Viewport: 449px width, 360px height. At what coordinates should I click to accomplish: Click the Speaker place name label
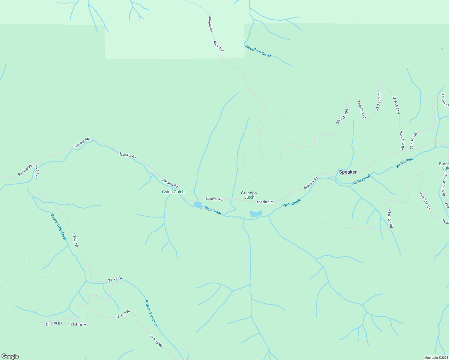348,172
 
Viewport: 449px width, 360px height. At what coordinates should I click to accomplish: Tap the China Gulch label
173,192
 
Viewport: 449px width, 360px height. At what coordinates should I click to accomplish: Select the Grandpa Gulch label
249,195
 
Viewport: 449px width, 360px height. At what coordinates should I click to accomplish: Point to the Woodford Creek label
258,51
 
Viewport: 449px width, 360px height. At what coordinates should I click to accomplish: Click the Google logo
10,356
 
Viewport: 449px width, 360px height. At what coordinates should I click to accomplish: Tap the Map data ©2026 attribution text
436,358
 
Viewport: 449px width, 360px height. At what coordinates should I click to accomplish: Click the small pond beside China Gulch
198,205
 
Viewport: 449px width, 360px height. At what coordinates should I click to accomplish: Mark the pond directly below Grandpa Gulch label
255,214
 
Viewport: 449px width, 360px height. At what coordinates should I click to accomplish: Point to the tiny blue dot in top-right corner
442,49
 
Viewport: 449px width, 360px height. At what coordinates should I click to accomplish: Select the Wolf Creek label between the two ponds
213,210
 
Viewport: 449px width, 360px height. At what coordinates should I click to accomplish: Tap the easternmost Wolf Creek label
404,162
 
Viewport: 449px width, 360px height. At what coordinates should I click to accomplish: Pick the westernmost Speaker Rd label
25,170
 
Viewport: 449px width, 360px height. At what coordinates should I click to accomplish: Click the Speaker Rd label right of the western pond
214,199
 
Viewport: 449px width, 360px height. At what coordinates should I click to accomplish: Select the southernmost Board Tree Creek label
151,314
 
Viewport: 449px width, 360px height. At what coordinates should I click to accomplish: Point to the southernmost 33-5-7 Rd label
115,279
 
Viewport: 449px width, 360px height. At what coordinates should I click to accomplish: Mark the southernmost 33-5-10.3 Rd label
401,140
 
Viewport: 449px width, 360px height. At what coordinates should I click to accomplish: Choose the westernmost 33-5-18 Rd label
53,324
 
